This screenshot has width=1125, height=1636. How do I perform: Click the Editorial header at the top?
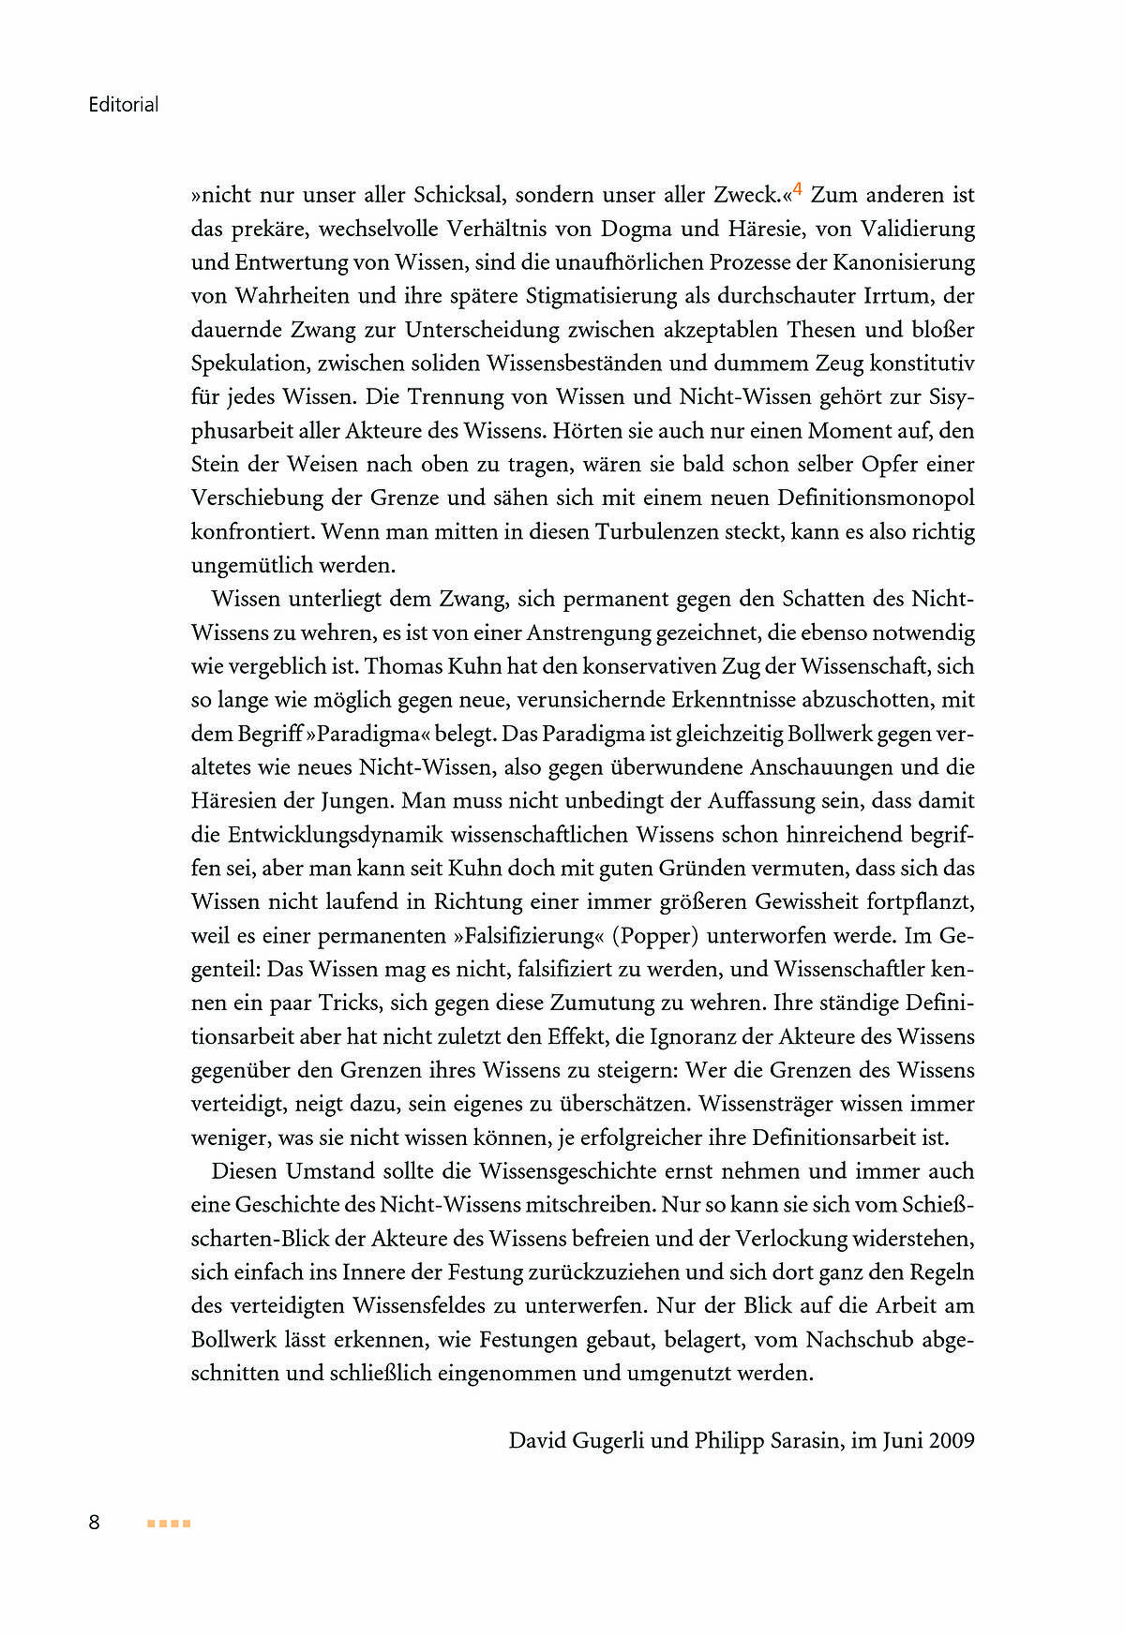point(123,104)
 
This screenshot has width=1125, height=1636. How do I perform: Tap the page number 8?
point(94,1522)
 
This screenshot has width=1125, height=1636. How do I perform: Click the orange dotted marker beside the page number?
point(169,1524)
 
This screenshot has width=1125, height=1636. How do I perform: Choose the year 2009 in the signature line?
point(952,1440)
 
